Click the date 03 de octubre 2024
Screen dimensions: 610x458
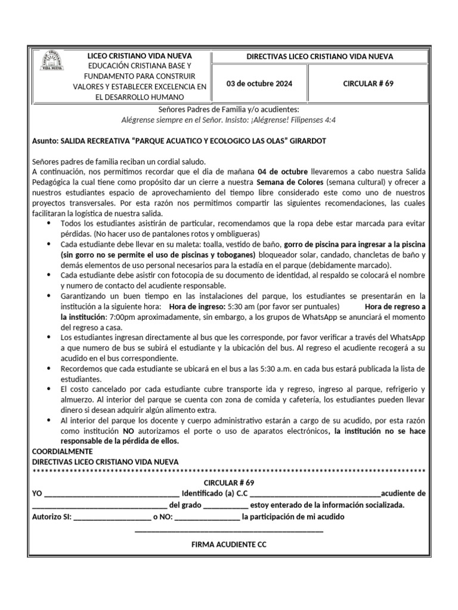[259, 83]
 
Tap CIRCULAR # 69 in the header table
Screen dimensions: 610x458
[368, 83]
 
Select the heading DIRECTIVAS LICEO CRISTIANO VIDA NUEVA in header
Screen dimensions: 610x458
[320, 57]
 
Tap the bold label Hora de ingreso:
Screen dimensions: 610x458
[194, 307]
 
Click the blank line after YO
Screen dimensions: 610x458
[112, 494]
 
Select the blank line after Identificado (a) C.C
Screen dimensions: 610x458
[315, 494]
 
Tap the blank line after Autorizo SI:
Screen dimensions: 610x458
[112, 517]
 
